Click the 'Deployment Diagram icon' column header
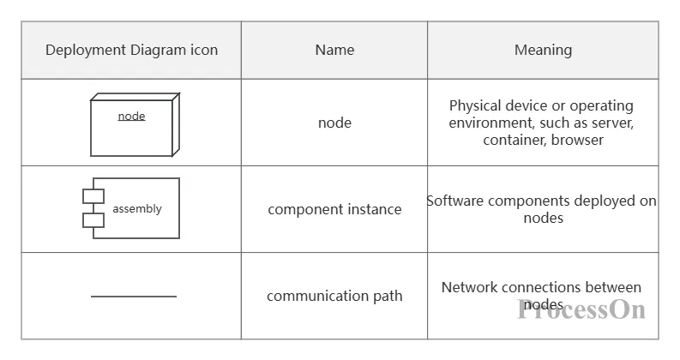click(x=131, y=50)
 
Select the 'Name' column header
click(x=334, y=50)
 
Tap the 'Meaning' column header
click(x=543, y=50)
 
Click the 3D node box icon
click(x=135, y=124)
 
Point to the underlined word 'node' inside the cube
click(x=131, y=116)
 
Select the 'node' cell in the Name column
click(x=334, y=123)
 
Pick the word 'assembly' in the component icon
click(x=137, y=208)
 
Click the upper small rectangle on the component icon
click(x=93, y=196)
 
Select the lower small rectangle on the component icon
click(x=93, y=220)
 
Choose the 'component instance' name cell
click(x=334, y=209)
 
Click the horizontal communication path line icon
click(x=134, y=297)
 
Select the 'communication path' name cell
click(x=334, y=296)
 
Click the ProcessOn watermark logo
click(x=581, y=309)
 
